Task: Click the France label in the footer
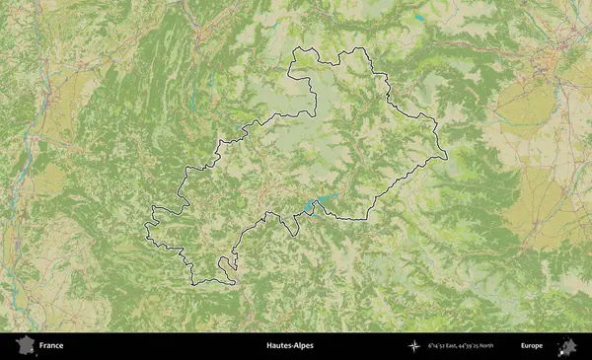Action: click(51, 346)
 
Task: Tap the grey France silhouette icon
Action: click(25, 346)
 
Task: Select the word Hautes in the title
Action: click(280, 346)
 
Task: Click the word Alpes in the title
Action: click(307, 346)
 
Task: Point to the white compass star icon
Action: click(413, 346)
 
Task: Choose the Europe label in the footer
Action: click(532, 346)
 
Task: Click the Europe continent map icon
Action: click(567, 346)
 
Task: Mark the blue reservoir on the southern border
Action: click(314, 205)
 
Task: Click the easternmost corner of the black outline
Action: click(445, 155)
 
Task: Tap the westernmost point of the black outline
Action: click(144, 234)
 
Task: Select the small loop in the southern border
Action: click(228, 263)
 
